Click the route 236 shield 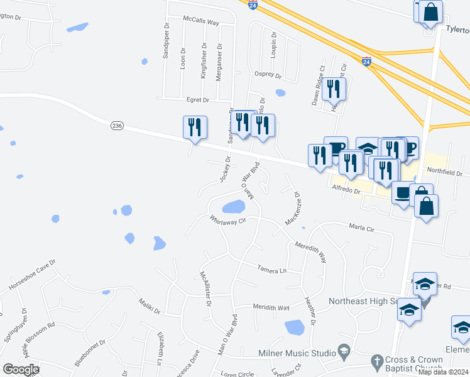tap(117, 126)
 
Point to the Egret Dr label tap(197, 100)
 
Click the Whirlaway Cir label tap(226, 221)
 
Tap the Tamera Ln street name tap(271, 269)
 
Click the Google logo tap(20, 369)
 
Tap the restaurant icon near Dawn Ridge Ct tap(334, 89)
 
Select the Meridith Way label tap(271, 308)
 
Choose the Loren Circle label tap(238, 374)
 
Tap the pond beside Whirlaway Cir tap(233, 207)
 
